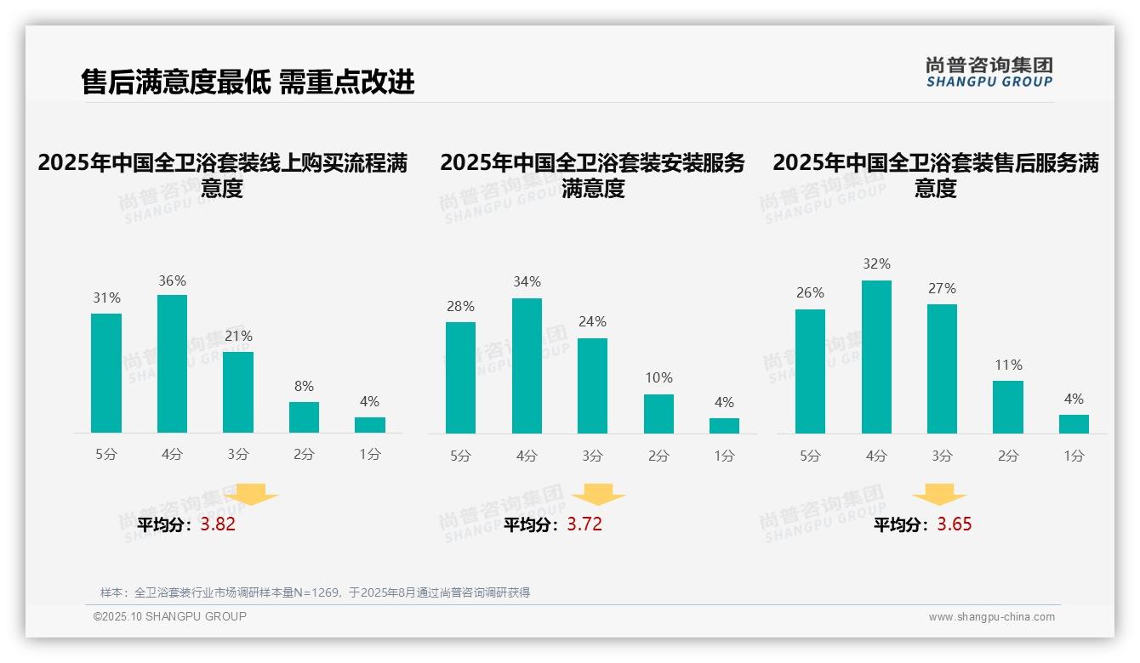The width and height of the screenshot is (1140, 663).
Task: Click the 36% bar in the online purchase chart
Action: (x=172, y=364)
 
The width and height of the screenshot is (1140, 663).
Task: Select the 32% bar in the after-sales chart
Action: (x=876, y=357)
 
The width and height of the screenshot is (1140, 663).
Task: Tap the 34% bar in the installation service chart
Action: (x=527, y=365)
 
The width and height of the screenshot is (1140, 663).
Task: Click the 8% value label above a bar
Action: (x=304, y=386)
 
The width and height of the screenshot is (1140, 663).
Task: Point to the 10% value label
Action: (x=658, y=378)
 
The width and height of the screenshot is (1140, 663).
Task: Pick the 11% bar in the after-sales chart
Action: (x=1008, y=407)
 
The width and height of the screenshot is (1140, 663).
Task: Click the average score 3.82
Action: (x=218, y=524)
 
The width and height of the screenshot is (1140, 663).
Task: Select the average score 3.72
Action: (x=584, y=524)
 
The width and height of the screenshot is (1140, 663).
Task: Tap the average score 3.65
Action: (x=955, y=524)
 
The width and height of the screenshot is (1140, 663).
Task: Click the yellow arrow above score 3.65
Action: (x=939, y=495)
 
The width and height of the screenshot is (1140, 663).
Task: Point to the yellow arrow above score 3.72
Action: (x=598, y=495)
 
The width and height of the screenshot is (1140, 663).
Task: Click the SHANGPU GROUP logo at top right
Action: (x=989, y=72)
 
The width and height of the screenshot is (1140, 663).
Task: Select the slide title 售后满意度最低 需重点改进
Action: (x=248, y=82)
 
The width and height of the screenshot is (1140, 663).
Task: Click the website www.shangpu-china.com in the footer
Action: (x=991, y=617)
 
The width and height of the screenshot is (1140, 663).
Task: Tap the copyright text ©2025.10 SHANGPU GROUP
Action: (x=170, y=616)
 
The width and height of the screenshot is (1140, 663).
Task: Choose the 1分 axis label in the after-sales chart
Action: (x=1074, y=456)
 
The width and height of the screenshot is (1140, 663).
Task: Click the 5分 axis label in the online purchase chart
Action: (x=106, y=455)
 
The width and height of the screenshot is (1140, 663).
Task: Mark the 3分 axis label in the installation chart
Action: (x=592, y=456)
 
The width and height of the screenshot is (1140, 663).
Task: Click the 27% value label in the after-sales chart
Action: (x=942, y=289)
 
